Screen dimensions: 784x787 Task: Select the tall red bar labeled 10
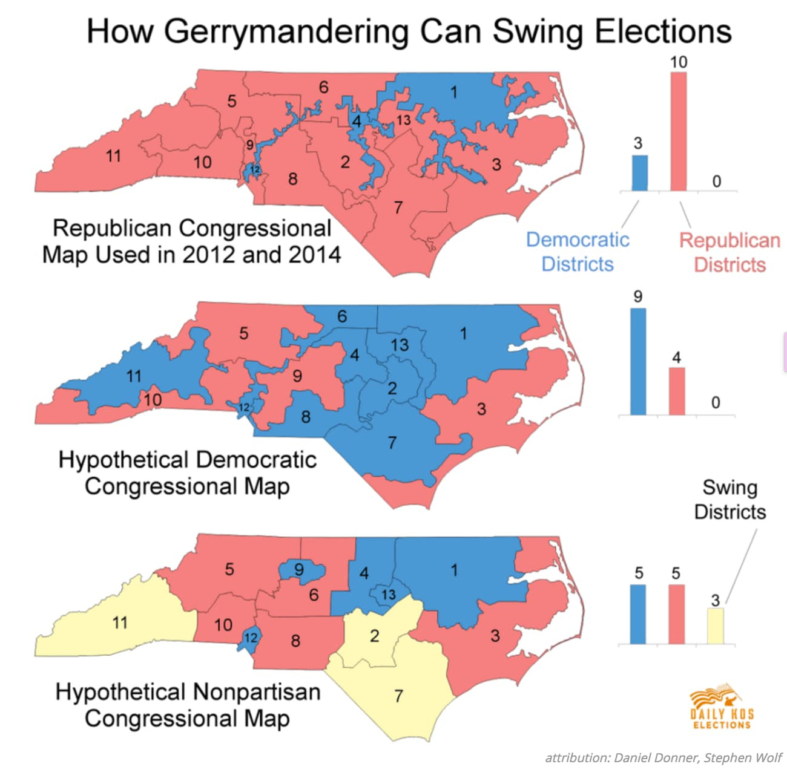coord(678,131)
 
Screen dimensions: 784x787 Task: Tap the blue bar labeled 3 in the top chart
coord(640,173)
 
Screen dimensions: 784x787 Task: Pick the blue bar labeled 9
coord(638,361)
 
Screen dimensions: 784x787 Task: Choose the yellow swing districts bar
coord(715,626)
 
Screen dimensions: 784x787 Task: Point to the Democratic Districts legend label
coord(578,252)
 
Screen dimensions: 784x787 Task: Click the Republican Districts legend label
coord(729,252)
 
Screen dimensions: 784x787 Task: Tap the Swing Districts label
coord(729,500)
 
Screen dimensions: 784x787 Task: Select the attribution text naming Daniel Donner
coord(664,757)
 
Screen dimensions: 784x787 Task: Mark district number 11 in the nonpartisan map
coord(120,622)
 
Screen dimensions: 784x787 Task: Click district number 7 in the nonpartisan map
coord(398,696)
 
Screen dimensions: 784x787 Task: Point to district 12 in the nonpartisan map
coord(250,637)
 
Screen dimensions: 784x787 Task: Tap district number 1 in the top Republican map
coord(453,92)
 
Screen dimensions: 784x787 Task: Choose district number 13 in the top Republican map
coord(403,120)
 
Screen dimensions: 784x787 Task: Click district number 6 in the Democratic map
coord(342,316)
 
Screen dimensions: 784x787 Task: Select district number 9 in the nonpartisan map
coord(299,569)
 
